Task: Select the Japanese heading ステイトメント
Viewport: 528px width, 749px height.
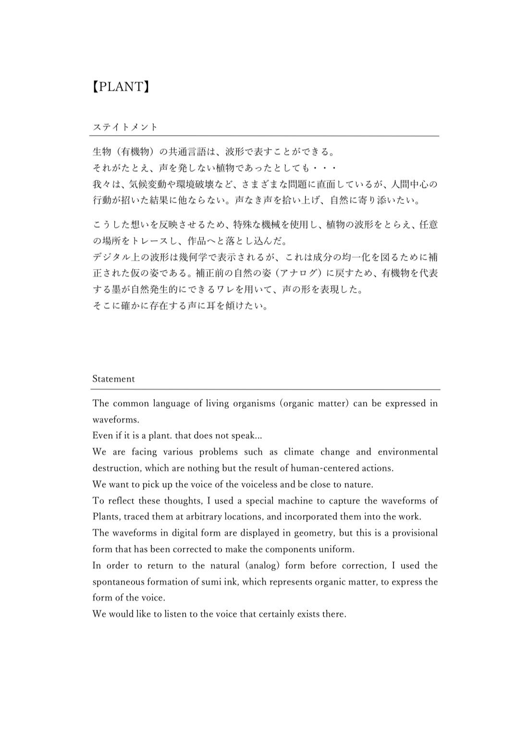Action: [125, 127]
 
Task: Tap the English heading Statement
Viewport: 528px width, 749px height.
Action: [113, 379]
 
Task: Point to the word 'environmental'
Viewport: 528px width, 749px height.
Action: [407, 452]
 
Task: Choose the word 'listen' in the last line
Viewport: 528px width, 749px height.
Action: [175, 614]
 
